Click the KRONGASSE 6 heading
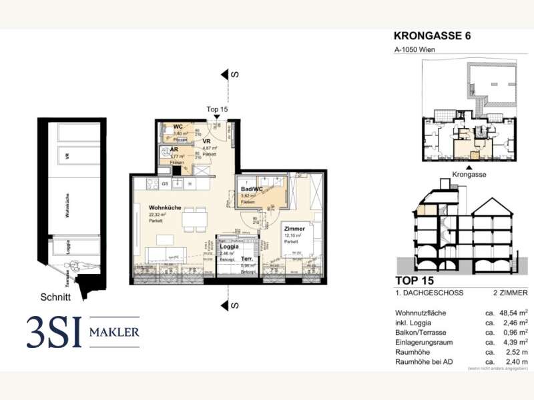432,36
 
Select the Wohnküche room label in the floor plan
165,207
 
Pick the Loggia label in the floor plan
230,246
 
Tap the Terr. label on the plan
246,258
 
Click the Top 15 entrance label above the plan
217,109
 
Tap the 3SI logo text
53,332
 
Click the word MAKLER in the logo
115,332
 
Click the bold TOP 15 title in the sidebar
415,281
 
